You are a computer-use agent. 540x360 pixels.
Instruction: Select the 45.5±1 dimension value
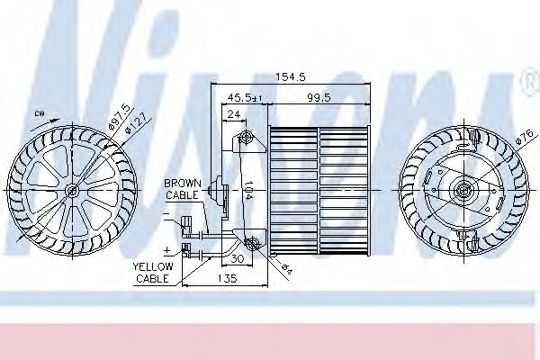(x=244, y=96)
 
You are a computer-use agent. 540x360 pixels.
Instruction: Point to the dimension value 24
(x=233, y=114)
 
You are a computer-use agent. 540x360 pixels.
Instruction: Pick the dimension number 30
(x=238, y=258)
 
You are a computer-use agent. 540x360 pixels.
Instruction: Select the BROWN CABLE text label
(x=183, y=188)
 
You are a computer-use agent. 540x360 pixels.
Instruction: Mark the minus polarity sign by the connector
(x=166, y=216)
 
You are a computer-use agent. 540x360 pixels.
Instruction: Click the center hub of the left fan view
(x=70, y=190)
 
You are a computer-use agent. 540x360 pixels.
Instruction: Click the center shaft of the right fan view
(x=465, y=190)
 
